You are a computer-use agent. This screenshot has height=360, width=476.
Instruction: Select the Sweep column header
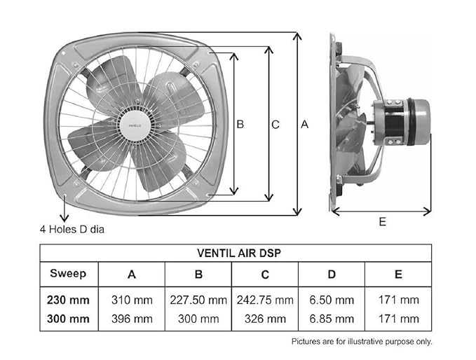click(x=68, y=273)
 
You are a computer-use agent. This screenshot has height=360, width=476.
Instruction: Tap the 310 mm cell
click(x=132, y=300)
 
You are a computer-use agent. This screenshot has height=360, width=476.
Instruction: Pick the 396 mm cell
click(x=132, y=319)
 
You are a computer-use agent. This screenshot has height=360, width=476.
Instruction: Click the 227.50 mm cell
click(x=198, y=300)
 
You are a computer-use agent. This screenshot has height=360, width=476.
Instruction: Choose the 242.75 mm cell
click(x=264, y=300)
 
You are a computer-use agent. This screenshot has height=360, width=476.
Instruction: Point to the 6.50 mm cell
click(x=332, y=300)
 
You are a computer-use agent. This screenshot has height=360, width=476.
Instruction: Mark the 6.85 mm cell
click(x=332, y=319)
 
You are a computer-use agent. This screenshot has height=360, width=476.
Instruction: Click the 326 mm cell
click(x=264, y=319)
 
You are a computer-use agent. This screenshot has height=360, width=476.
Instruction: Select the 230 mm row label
click(x=68, y=300)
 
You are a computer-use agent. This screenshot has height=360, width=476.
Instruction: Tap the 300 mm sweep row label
click(x=68, y=319)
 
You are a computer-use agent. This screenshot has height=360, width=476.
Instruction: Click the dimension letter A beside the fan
click(x=304, y=124)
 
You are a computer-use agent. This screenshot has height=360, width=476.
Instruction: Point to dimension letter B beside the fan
click(x=240, y=124)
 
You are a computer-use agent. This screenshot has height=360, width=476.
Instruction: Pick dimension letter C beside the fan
click(x=276, y=125)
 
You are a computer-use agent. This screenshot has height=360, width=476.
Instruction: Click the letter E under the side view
click(x=382, y=221)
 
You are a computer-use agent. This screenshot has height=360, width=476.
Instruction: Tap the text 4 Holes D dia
click(x=72, y=229)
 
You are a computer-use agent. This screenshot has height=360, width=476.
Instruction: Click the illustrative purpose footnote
click(x=362, y=341)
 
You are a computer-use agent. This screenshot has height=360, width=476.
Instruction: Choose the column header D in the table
click(x=332, y=274)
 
